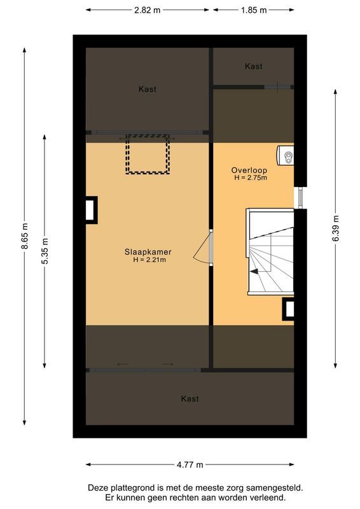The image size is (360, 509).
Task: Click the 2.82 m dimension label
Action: [x=148, y=10]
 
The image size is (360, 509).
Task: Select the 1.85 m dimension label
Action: [x=253, y=10]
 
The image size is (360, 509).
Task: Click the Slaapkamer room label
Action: [x=148, y=252]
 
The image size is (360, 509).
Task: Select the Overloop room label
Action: [x=249, y=171]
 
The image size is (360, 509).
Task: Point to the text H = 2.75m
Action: [x=251, y=178]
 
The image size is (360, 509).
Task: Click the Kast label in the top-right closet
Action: [x=253, y=66]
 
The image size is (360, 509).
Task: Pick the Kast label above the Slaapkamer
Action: [x=148, y=89]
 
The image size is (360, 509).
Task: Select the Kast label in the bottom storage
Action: [x=190, y=399]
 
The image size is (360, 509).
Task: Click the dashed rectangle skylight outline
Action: [x=148, y=154]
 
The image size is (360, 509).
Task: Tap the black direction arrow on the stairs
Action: [x=254, y=271]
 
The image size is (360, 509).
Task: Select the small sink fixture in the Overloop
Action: [x=286, y=155]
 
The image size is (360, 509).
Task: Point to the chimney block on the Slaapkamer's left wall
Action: [x=91, y=210]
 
